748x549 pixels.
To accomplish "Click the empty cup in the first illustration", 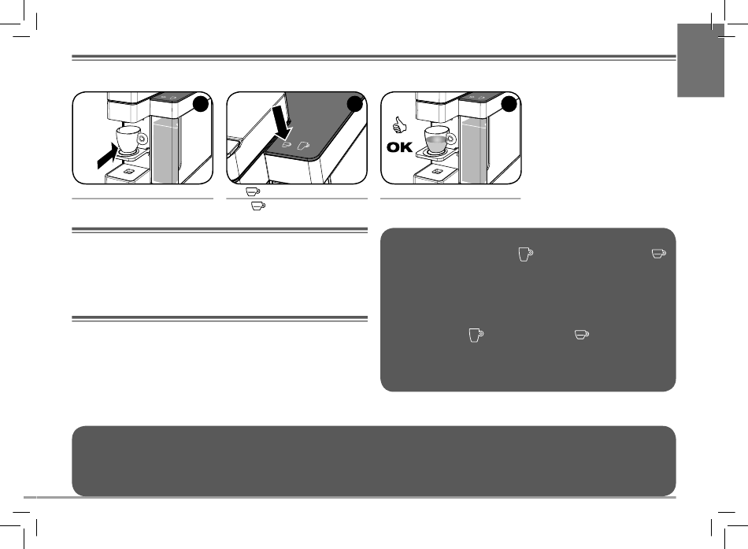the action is coord(130,139).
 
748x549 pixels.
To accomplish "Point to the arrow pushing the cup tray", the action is coord(107,156).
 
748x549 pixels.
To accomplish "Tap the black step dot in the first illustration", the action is coord(201,104).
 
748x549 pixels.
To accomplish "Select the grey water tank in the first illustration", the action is coord(165,151).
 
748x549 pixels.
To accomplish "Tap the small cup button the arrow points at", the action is coord(287,143).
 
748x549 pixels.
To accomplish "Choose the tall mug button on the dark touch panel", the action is coord(303,145).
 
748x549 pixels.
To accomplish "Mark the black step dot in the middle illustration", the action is coord(355,104).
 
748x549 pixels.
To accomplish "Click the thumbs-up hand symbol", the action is coord(399,125).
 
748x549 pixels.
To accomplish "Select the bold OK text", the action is coord(400,147).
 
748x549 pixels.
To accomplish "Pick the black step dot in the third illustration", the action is coord(509,104).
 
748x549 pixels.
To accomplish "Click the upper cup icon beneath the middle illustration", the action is coord(253,191).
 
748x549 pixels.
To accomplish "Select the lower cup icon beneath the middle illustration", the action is coord(258,206).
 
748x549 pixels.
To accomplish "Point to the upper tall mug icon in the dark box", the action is coord(526,254).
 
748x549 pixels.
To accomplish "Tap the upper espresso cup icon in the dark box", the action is coord(659,254).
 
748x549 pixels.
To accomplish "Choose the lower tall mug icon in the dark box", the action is coord(476,335).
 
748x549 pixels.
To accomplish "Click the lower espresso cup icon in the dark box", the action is coord(582,334).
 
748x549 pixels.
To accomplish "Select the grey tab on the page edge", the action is coord(701,61).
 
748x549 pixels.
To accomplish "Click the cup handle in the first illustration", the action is coord(143,139).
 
